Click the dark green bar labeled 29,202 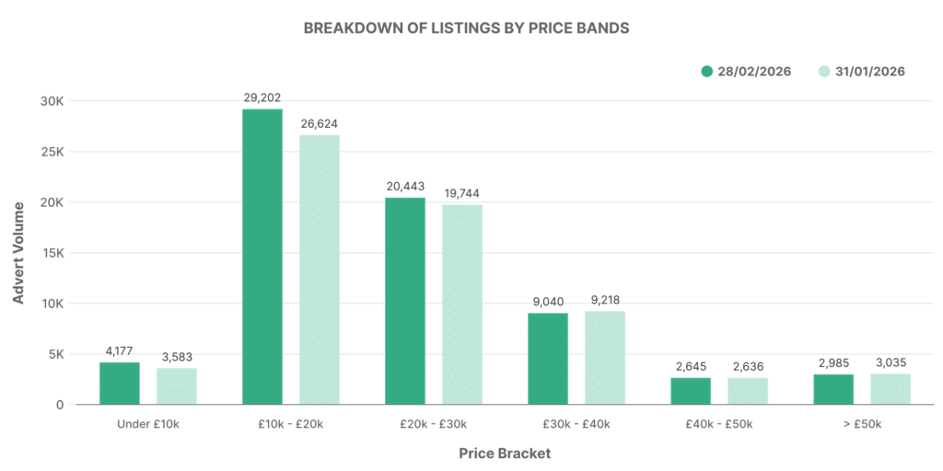pyautogui.click(x=262, y=257)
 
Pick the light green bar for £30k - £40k pyautogui.click(x=604, y=358)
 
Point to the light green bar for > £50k pyautogui.click(x=890, y=388)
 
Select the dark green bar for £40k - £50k pyautogui.click(x=691, y=391)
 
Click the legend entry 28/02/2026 pyautogui.click(x=746, y=72)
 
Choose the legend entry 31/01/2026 pyautogui.click(x=861, y=72)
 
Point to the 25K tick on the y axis pyautogui.click(x=53, y=152)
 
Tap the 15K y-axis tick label pyautogui.click(x=53, y=253)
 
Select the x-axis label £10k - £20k pyautogui.click(x=291, y=424)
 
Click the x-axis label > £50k pyautogui.click(x=862, y=424)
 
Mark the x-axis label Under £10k pyautogui.click(x=148, y=424)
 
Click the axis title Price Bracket pyautogui.click(x=505, y=454)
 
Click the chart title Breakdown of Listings pyautogui.click(x=466, y=28)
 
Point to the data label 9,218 pyautogui.click(x=604, y=300)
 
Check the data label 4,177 pyautogui.click(x=120, y=350)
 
